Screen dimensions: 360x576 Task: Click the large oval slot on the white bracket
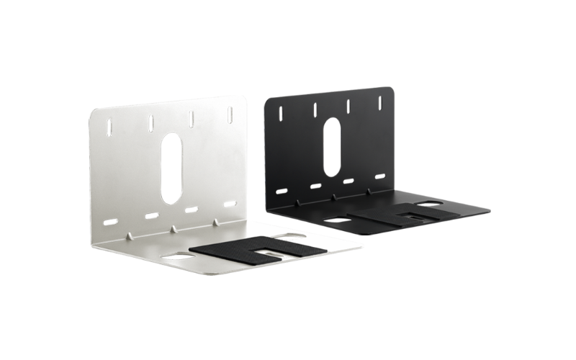tap(171, 166)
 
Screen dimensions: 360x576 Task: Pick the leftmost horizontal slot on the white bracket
tap(111, 220)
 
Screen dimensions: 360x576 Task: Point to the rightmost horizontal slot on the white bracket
tap(229, 204)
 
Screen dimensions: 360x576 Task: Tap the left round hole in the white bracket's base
tap(176, 256)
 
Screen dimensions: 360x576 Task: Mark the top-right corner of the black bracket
tap(393, 90)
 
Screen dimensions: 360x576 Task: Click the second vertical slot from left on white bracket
tap(150, 123)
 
